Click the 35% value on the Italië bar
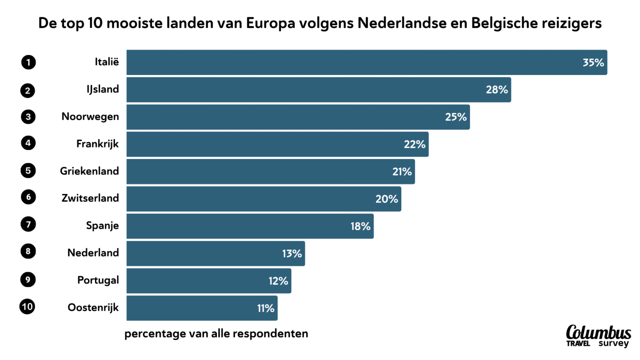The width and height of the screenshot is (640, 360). coord(593,62)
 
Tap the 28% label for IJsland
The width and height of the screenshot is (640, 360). coord(497,90)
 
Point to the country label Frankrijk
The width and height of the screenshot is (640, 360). coord(97,144)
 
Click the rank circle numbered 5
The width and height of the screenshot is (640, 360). coord(28,170)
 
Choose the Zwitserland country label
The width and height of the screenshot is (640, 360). coord(90,198)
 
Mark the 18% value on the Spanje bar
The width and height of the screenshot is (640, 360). coord(360,226)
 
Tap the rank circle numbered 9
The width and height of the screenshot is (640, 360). coord(28,279)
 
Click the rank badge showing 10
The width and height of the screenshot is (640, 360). coord(27,307)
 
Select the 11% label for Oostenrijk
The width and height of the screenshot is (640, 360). coord(265,308)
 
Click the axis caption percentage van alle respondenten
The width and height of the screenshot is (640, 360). coord(216,334)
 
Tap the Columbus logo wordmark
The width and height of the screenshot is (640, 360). coord(598,332)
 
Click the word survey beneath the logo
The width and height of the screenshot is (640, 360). coord(613,344)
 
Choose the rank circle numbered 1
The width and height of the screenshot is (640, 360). coord(28,62)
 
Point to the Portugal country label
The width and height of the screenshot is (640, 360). coord(98,280)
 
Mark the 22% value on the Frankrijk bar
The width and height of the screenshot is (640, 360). coord(414,145)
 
